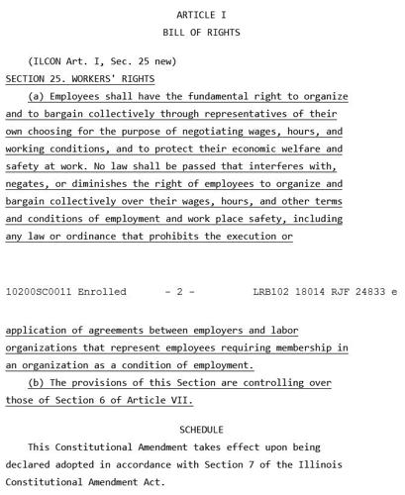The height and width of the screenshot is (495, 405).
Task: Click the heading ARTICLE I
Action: tap(201, 15)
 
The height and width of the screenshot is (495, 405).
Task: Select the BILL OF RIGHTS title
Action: tap(201, 33)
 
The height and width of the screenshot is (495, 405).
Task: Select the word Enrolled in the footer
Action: tap(103, 292)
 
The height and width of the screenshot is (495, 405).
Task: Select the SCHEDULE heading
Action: tap(201, 430)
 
